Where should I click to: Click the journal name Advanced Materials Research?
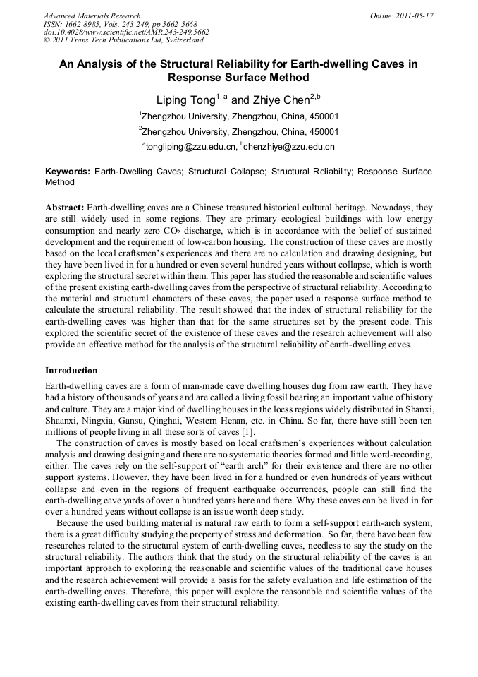[x=92, y=16]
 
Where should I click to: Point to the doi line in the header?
[x=126, y=32]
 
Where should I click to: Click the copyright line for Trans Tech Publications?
[x=123, y=40]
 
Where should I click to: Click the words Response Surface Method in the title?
[x=238, y=78]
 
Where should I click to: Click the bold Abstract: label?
[x=65, y=208]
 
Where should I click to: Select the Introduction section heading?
[x=71, y=371]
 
